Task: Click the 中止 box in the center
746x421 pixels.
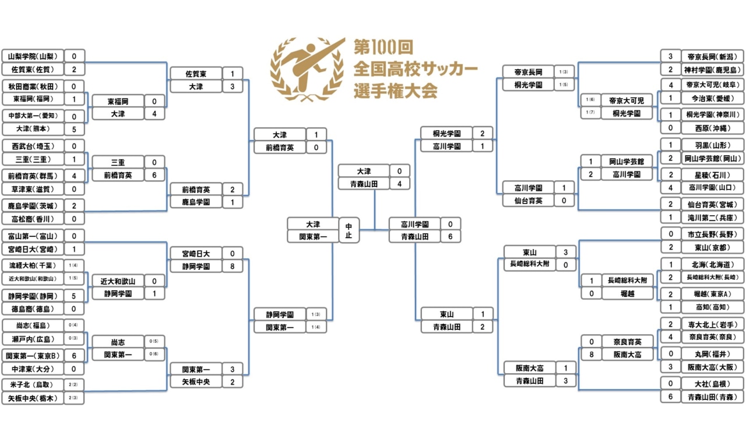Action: [349, 230]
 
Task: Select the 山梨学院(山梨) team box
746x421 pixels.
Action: [32, 57]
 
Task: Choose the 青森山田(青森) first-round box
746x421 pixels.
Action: [712, 396]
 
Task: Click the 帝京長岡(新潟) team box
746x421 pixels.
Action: [712, 57]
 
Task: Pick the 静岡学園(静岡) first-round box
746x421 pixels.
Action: [32, 296]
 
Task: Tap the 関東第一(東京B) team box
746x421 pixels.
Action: [32, 356]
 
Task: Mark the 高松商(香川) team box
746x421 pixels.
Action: [32, 218]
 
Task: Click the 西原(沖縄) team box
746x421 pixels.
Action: [712, 128]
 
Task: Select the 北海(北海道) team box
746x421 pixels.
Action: [712, 264]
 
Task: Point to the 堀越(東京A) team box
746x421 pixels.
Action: [712, 294]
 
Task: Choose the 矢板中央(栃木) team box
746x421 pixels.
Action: [32, 398]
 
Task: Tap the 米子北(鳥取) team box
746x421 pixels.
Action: [32, 384]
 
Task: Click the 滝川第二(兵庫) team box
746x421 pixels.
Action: [712, 217]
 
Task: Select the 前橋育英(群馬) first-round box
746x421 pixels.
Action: [32, 175]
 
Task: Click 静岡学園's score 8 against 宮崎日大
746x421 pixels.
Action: [232, 266]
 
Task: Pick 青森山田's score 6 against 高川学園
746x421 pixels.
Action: [450, 236]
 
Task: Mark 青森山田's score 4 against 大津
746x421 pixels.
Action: [400, 184]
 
